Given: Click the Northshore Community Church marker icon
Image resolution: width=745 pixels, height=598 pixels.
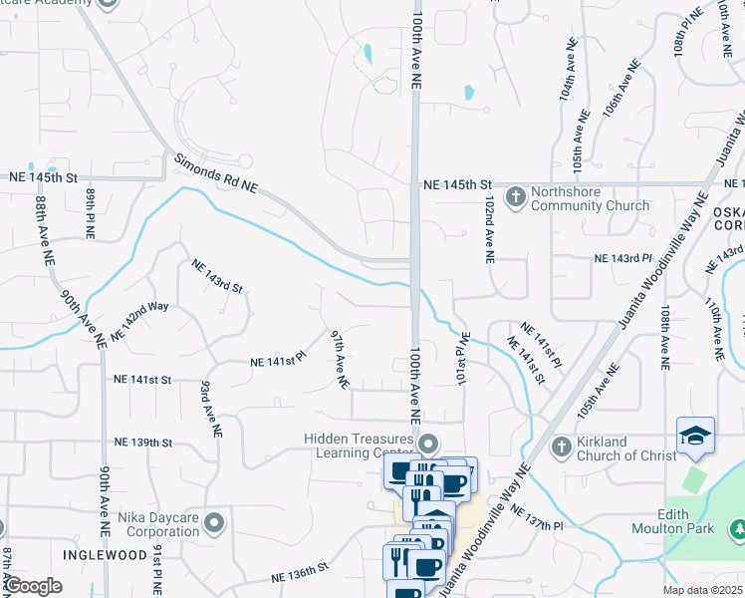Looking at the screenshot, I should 516,195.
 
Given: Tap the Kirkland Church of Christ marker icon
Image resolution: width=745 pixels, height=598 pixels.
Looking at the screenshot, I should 561,445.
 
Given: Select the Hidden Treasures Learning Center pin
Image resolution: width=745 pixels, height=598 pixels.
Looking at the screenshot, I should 429,443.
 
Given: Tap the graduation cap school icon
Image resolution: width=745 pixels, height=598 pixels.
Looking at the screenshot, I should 694,436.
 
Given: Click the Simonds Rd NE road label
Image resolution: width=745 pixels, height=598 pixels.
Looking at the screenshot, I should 216,174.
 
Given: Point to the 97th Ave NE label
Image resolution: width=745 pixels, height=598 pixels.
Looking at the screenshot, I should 340,360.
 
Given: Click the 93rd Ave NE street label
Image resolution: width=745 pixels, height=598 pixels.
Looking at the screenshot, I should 208,409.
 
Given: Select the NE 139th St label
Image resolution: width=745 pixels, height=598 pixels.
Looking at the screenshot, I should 143,442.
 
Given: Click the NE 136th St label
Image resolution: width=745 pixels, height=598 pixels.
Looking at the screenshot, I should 300,573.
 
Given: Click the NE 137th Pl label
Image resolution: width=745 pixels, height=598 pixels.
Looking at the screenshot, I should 537,517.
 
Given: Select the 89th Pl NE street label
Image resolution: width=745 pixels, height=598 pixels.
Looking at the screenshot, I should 89,215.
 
